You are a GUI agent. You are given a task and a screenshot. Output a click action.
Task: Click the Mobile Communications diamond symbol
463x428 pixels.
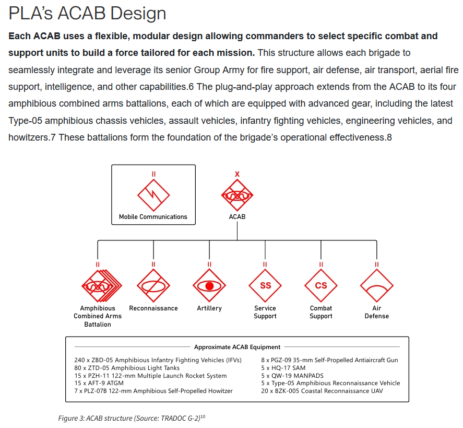point(153,195)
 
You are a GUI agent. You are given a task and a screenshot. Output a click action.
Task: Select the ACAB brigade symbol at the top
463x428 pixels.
point(237,195)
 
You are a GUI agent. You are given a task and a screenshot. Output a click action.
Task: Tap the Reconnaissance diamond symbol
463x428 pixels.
point(153,286)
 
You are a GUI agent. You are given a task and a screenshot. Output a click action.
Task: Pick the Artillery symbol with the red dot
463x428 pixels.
point(209,286)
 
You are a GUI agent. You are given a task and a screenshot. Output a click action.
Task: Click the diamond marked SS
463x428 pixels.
point(265,286)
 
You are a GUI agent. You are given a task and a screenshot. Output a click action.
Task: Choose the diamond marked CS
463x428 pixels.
point(321,286)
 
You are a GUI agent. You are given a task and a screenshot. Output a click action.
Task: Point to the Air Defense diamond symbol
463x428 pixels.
point(377,286)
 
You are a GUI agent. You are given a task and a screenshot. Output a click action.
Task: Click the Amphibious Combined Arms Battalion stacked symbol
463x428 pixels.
point(99,286)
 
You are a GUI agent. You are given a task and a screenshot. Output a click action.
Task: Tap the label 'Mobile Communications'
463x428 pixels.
point(153,217)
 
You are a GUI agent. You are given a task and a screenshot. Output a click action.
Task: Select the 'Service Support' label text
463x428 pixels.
point(265,312)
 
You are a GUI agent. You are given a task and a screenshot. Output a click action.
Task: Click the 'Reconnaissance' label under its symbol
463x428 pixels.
point(153,308)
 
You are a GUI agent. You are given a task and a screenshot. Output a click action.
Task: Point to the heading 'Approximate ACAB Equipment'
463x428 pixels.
point(237,347)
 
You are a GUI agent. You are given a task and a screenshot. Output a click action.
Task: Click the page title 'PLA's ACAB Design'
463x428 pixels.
point(87,14)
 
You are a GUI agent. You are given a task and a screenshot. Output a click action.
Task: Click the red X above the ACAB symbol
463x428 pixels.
point(237,174)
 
